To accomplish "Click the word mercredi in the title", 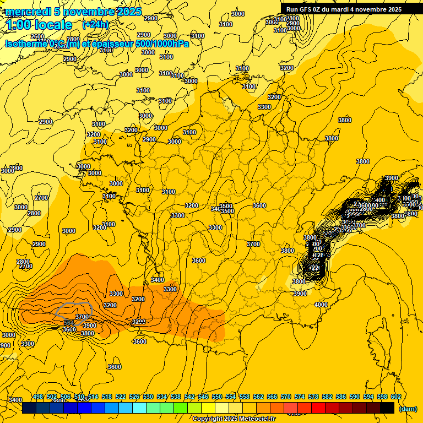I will (x=26, y=12).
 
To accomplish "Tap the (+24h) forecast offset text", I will (x=95, y=24).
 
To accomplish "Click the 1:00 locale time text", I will (x=40, y=25).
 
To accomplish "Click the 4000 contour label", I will (x=321, y=305).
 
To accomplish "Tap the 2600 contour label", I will (x=37, y=37).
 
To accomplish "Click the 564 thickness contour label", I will (x=68, y=323).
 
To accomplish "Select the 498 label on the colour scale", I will (x=38, y=397).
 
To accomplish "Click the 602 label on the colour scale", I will (x=395, y=397).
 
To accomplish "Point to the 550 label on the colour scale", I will (x=217, y=397).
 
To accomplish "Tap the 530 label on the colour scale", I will (x=148, y=397).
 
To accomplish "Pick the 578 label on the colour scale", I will (x=313, y=397).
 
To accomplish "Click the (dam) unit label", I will (x=408, y=409).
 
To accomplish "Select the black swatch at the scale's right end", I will (x=387, y=408).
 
